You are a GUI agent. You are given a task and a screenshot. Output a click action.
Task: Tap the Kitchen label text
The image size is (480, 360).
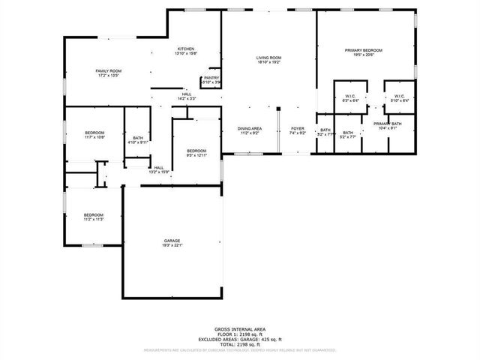pos(185,50)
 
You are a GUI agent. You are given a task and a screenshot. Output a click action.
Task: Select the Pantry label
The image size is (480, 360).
pos(211,79)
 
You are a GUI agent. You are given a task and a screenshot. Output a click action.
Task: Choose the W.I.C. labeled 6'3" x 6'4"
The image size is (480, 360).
pos(350,99)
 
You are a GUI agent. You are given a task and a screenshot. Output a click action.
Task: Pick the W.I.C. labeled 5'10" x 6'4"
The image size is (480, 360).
pos(398,99)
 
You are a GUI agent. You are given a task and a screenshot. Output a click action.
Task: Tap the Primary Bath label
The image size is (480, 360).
pos(388,125)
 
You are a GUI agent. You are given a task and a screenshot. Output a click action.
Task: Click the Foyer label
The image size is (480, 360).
pos(298,130)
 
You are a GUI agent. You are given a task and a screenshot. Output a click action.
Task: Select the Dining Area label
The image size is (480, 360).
pos(250,130)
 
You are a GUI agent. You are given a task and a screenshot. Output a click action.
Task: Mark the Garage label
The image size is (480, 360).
pos(172,242)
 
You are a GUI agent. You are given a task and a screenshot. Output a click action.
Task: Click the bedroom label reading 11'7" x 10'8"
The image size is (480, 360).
pos(94,135)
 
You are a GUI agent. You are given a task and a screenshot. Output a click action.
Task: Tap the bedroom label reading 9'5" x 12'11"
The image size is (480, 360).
pos(196,153)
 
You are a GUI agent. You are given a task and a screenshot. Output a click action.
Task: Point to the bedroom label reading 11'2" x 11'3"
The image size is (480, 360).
pos(93,216)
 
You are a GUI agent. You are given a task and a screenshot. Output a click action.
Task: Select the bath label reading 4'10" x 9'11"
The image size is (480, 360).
pos(138,139)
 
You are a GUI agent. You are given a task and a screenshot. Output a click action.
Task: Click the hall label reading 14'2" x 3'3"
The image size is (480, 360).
pos(186,96)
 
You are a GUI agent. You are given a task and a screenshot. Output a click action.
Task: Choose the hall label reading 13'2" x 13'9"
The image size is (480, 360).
pos(159,170)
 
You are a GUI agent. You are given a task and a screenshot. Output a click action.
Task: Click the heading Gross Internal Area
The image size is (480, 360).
pos(240,329)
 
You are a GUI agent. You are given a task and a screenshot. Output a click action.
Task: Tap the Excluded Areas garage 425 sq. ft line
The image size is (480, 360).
pos(240,339)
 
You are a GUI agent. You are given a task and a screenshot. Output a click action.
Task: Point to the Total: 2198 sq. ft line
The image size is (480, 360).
pos(240,343)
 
